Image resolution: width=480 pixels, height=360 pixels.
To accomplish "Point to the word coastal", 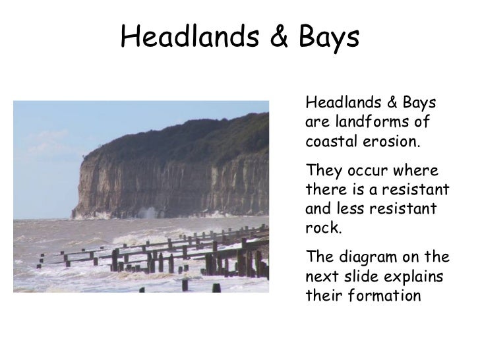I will [x=332, y=142].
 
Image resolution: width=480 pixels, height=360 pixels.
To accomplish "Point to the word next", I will [x=322, y=276].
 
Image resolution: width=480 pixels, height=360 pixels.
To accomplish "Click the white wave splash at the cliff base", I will [x=150, y=213].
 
